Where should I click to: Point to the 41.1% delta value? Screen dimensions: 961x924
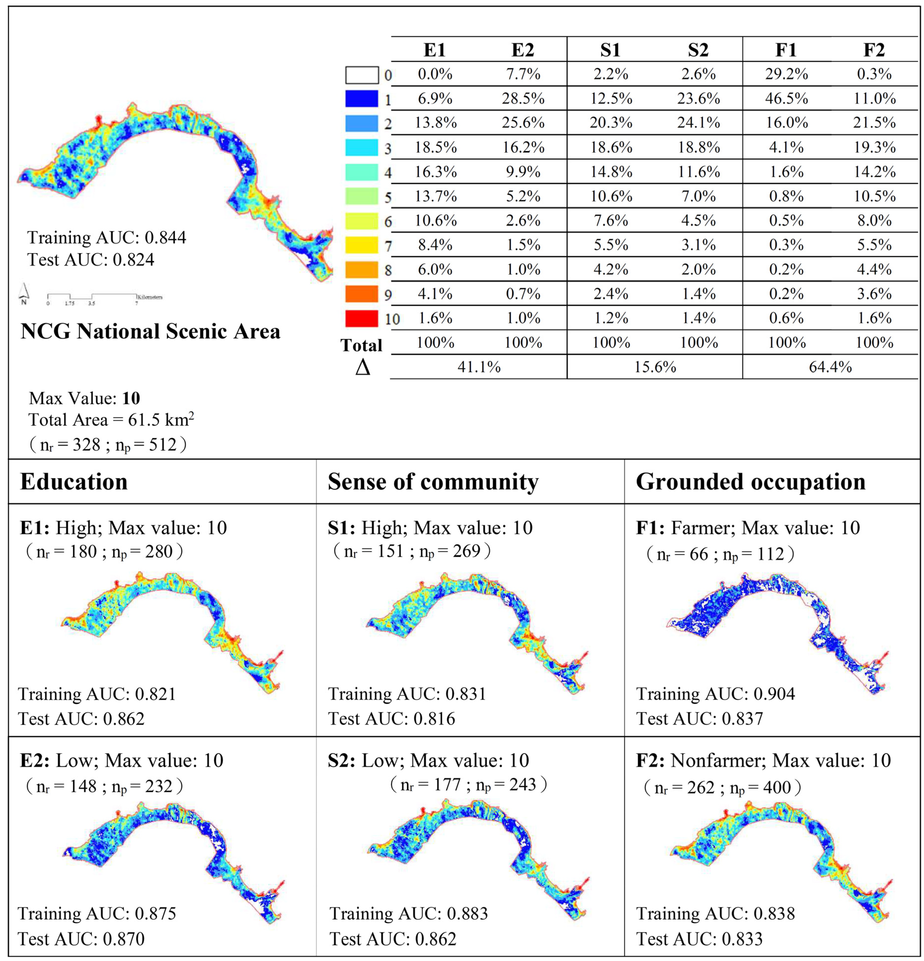coord(479,367)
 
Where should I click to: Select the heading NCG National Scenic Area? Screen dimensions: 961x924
coord(151,331)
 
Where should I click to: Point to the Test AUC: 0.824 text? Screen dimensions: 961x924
coord(91,259)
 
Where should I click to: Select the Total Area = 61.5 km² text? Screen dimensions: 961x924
coord(111,420)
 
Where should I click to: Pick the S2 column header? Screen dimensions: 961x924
coord(698,50)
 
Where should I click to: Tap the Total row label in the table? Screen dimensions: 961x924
coord(361,345)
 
